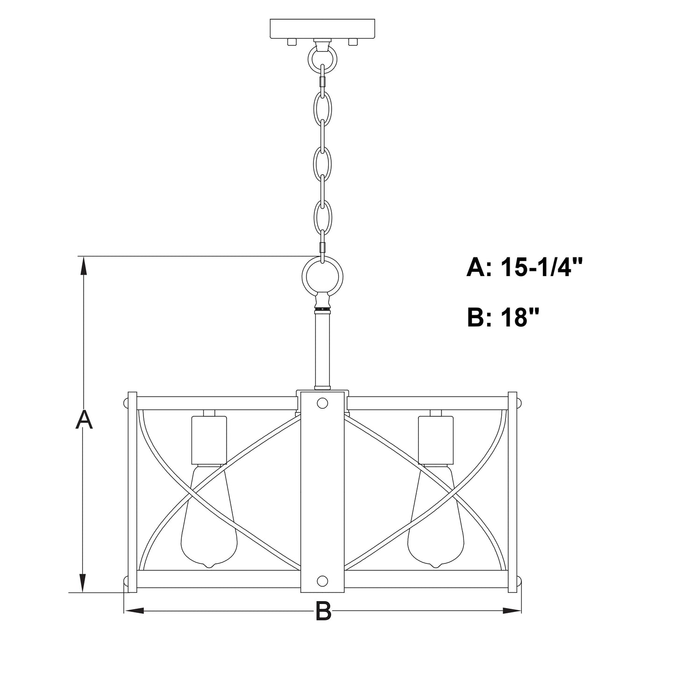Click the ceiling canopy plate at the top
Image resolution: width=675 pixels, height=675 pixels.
(x=322, y=28)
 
